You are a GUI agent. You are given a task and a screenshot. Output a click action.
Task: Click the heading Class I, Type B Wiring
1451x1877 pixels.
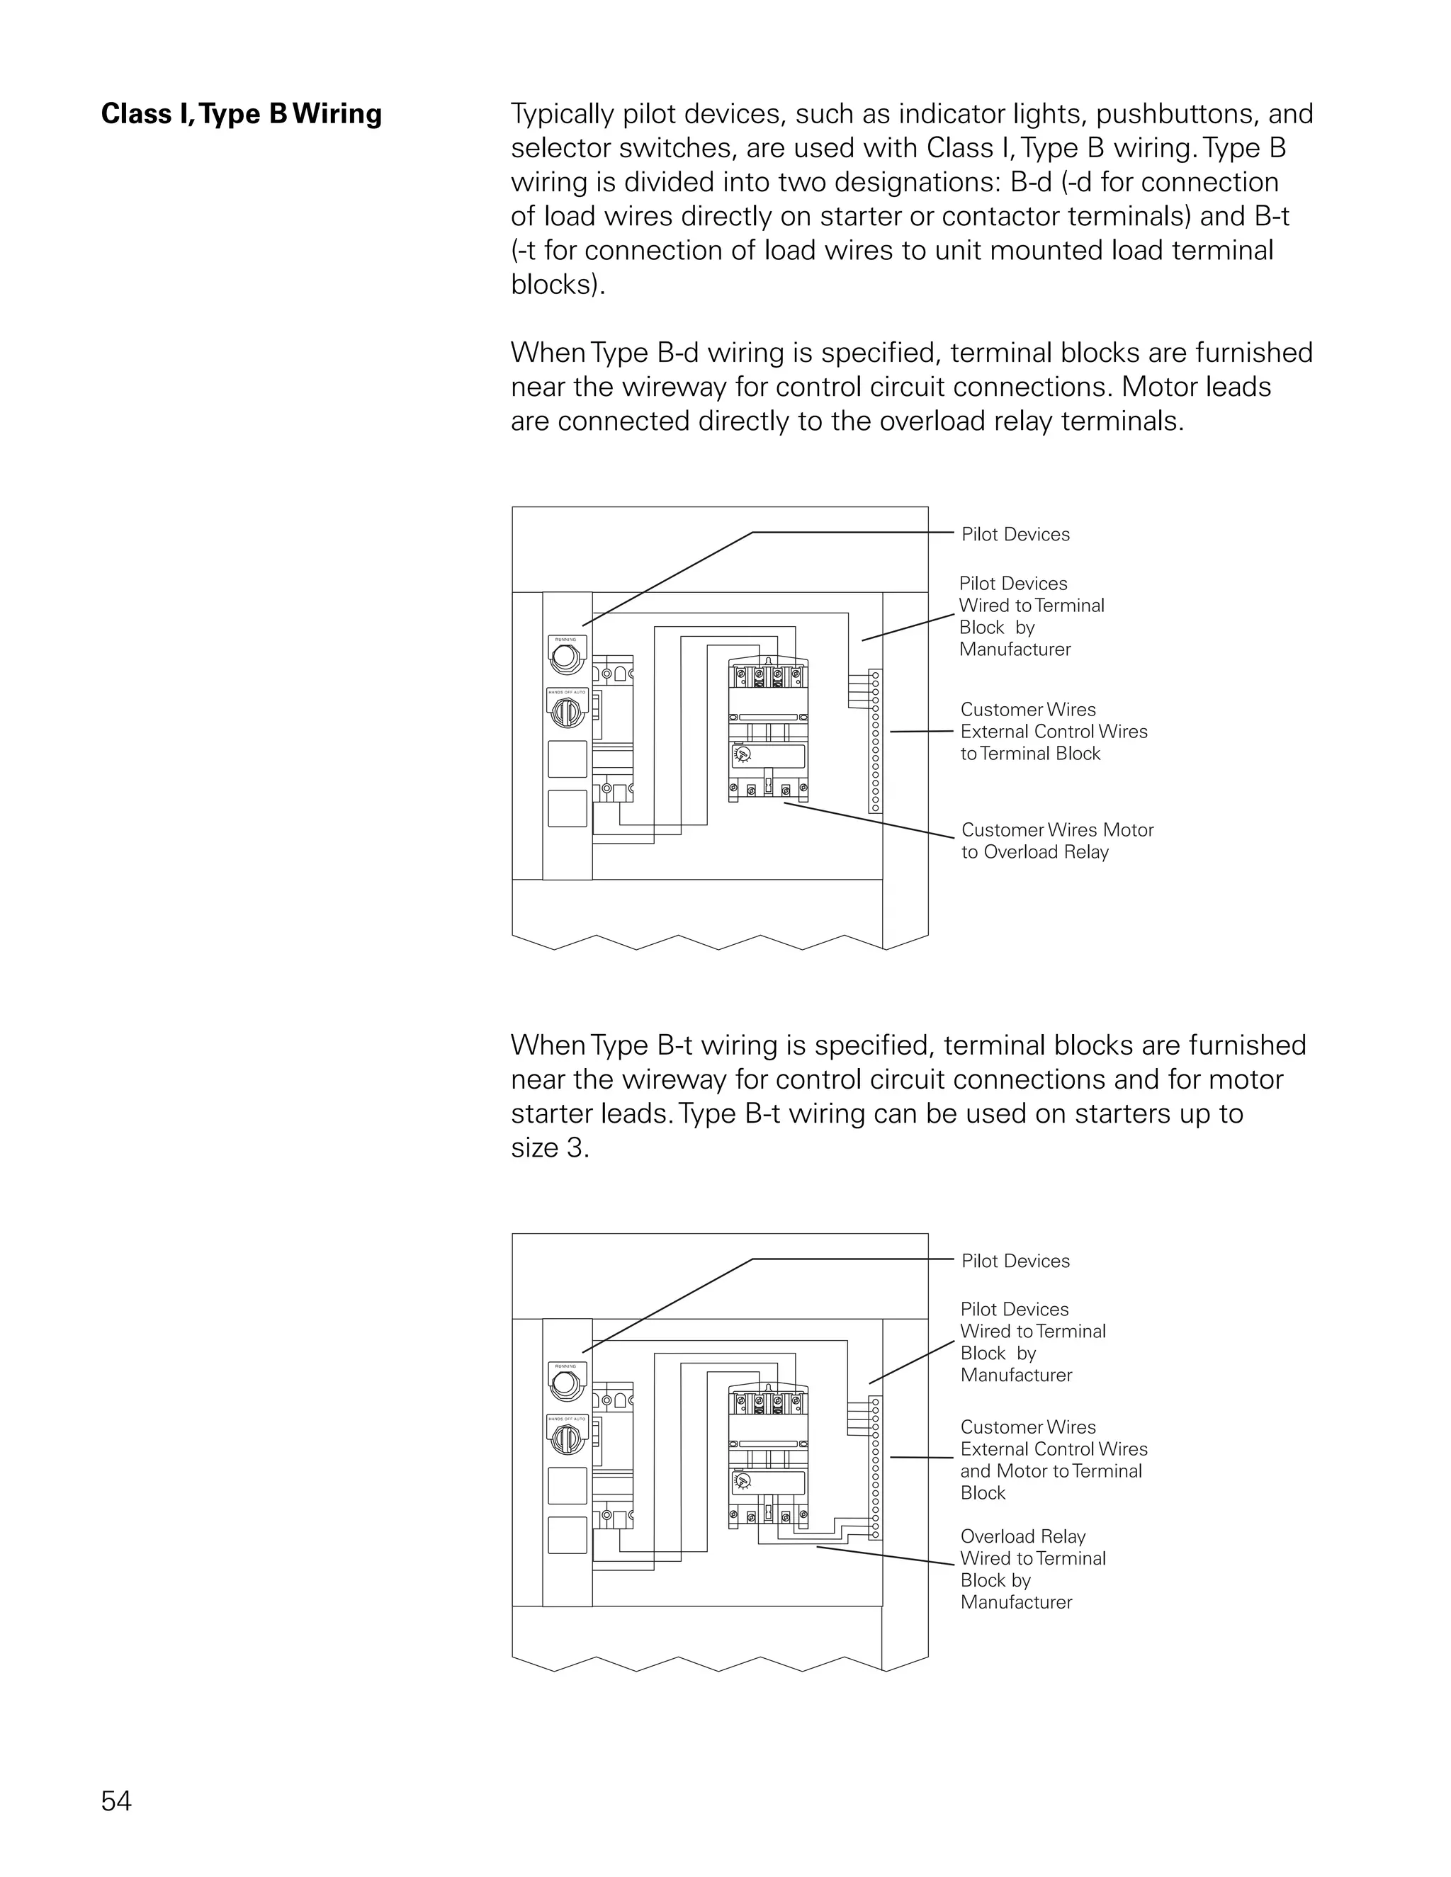241,114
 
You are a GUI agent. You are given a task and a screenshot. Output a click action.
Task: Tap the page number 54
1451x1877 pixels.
116,1801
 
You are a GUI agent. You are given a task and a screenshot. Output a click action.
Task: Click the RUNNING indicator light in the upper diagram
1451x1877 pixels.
567,657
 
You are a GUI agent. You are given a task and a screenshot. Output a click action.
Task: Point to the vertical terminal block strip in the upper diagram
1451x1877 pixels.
875,741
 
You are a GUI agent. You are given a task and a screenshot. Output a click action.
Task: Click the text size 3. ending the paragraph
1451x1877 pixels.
550,1148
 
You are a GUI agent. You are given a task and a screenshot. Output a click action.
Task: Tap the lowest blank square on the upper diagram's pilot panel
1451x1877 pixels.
568,809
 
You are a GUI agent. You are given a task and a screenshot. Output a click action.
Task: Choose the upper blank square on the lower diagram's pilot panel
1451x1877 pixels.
568,1486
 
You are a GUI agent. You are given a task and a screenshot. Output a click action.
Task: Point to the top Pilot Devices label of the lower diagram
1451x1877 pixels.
1015,1261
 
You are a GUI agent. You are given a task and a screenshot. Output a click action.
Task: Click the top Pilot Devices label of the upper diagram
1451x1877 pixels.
1015,535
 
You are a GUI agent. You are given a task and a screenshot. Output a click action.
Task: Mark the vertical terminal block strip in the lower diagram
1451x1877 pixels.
875,1468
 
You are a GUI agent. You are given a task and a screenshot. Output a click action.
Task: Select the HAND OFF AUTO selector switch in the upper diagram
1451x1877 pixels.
567,710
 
